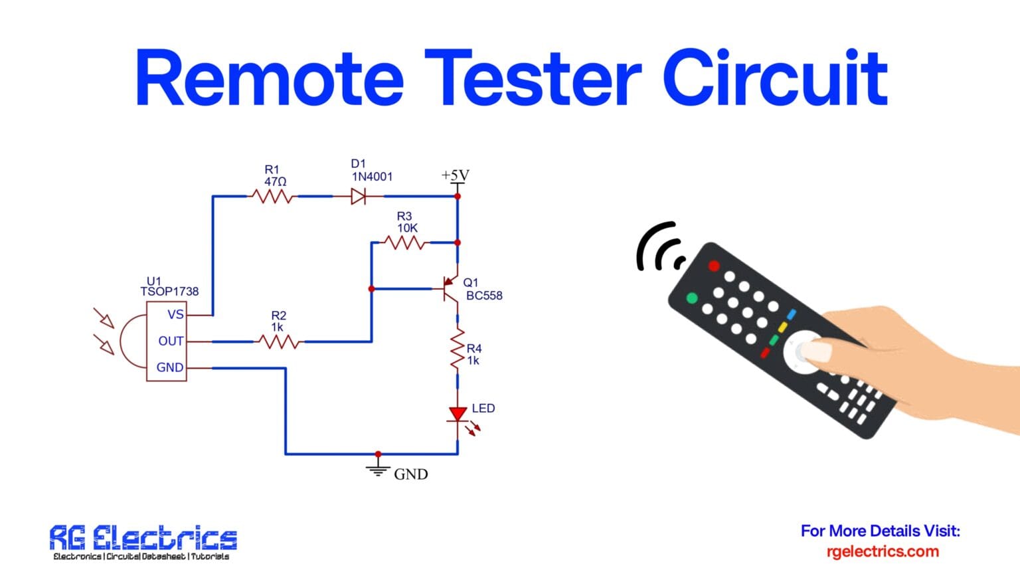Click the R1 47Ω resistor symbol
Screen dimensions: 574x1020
pos(272,196)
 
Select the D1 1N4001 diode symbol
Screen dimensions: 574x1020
pos(359,196)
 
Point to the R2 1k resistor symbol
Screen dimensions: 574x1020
pos(279,341)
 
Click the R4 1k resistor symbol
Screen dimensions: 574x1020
pos(458,349)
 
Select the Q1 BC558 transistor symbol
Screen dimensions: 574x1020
pos(451,290)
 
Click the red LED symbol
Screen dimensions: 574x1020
pos(458,415)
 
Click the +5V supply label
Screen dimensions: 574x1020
pos(455,175)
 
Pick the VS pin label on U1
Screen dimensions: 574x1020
pos(175,315)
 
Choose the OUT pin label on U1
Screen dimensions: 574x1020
pos(171,341)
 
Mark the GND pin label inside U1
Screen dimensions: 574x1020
pos(169,367)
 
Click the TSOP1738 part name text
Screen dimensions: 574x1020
pos(169,292)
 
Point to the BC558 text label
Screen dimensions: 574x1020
pos(484,296)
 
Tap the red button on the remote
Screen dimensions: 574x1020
pos(713,266)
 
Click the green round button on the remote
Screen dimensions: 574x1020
pos(691,298)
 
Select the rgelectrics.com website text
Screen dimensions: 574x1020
pos(882,551)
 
